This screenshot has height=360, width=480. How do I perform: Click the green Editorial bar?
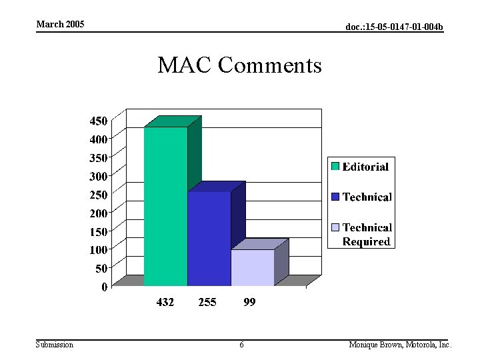click(165, 207)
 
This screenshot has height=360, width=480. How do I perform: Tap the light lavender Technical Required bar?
click(252, 268)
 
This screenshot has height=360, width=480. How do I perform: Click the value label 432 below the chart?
click(165, 302)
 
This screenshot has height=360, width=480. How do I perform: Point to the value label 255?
click(207, 302)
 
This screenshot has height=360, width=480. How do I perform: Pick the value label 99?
click(249, 302)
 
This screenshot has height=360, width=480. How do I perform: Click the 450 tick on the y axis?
click(99, 121)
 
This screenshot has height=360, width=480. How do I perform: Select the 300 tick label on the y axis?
click(99, 176)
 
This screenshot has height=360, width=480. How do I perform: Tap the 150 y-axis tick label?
click(99, 231)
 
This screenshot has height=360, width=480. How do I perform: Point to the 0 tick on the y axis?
click(104, 287)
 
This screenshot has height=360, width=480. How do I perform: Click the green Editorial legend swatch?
click(335, 166)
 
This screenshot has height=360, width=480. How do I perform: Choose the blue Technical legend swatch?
click(335, 197)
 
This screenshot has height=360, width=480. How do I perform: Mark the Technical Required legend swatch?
click(335, 227)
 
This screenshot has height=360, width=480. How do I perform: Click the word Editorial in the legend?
click(365, 167)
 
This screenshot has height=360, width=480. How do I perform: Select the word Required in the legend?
click(366, 241)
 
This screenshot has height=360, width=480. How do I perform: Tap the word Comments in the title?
click(270, 65)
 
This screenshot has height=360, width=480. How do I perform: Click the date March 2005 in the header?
click(60, 25)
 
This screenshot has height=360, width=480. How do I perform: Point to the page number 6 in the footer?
click(241, 345)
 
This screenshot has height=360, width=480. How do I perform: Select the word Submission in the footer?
click(55, 345)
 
